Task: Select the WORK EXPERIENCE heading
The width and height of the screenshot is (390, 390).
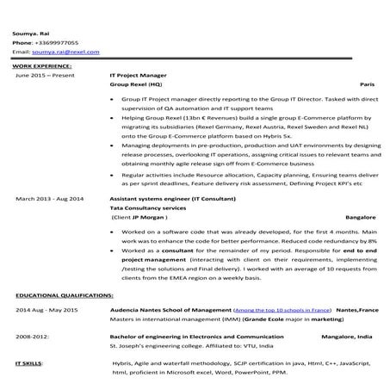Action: point(43,65)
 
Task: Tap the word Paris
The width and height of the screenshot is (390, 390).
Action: point(367,85)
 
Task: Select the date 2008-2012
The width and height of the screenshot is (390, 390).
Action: point(32,337)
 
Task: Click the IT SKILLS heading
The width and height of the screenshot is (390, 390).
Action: point(28,364)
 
